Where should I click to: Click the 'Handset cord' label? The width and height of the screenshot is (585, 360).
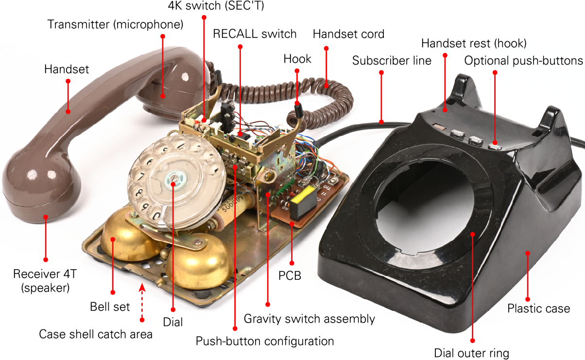pyautogui.click(x=348, y=34)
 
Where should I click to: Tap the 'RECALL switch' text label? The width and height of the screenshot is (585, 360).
pyautogui.click(x=255, y=34)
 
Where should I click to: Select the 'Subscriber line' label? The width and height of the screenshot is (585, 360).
pyautogui.click(x=392, y=61)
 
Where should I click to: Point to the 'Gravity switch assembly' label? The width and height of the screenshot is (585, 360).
pyautogui.click(x=309, y=319)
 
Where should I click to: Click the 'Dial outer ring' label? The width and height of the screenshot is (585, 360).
pyautogui.click(x=471, y=353)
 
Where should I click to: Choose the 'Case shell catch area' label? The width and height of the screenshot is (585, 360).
pyautogui.click(x=96, y=334)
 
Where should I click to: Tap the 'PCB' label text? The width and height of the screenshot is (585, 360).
pyautogui.click(x=290, y=275)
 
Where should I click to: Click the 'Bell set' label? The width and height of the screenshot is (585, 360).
pyautogui.click(x=110, y=307)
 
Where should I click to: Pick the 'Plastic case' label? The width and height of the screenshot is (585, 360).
pyautogui.click(x=538, y=308)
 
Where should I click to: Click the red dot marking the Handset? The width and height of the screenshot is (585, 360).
pyautogui.click(x=68, y=112)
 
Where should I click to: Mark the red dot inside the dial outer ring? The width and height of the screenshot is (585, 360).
pyautogui.click(x=472, y=234)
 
